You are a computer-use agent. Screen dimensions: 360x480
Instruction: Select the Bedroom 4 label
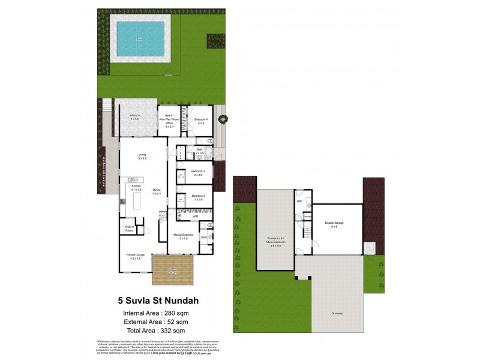(x=200, y=119)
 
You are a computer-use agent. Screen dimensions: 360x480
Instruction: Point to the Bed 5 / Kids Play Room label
(x=170, y=119)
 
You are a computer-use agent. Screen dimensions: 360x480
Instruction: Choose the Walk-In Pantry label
(x=129, y=229)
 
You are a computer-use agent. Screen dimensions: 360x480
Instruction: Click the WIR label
(x=195, y=215)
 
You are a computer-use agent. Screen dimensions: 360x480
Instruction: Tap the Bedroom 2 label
(x=199, y=196)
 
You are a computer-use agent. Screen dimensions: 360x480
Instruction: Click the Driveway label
(x=337, y=313)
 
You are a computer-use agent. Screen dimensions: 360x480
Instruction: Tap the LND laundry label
(x=299, y=202)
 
